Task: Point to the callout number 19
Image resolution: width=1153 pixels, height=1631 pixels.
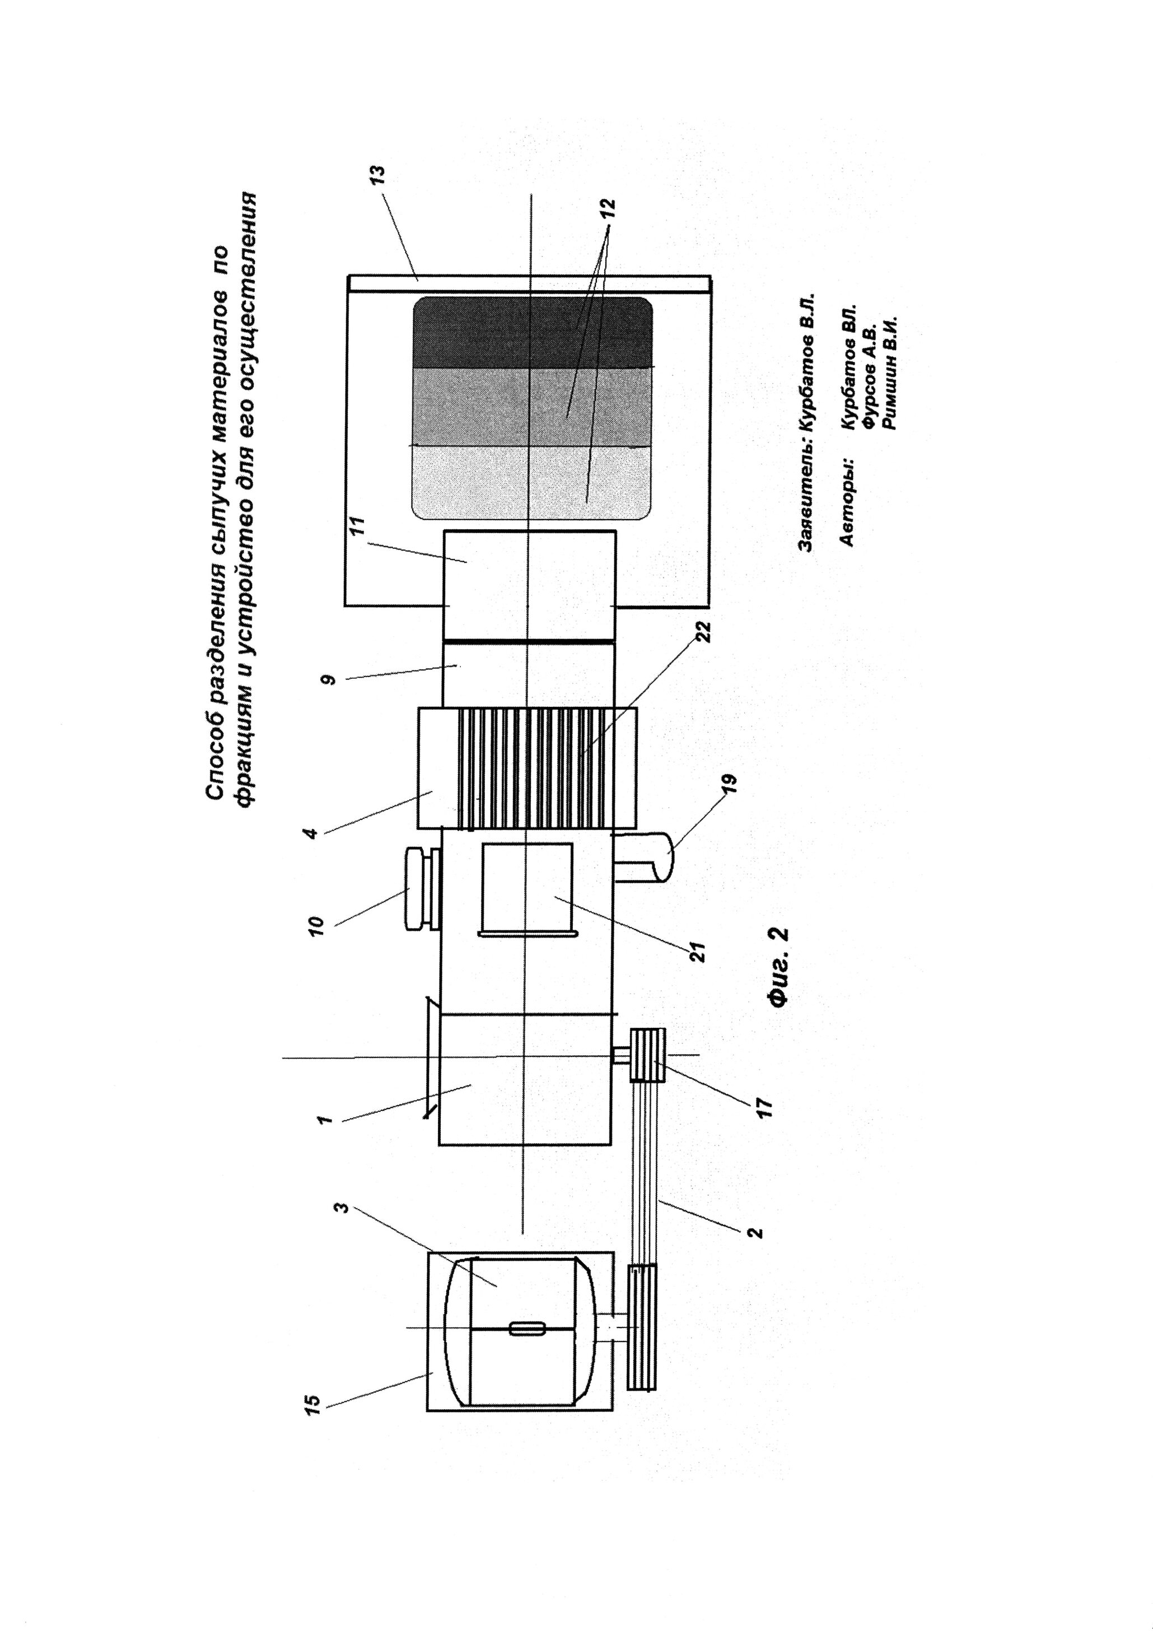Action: [x=732, y=784]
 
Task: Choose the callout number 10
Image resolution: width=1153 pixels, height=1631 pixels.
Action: [x=317, y=925]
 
